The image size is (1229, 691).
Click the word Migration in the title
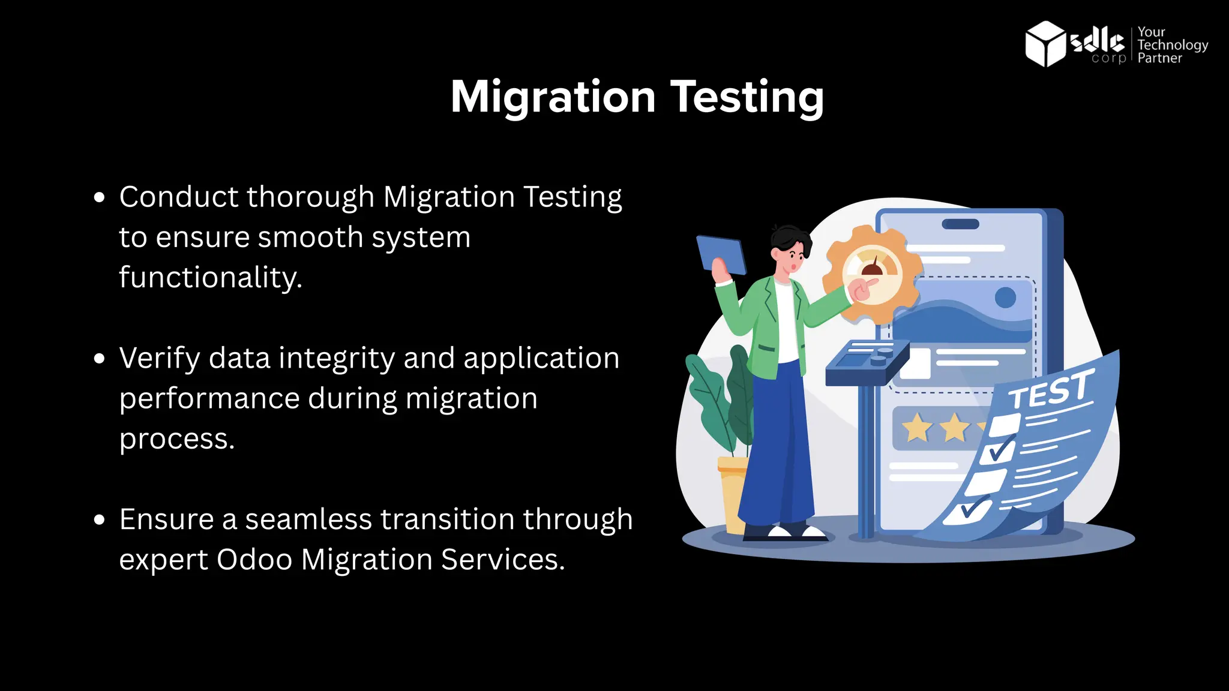[553, 97]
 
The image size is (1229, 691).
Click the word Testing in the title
[747, 97]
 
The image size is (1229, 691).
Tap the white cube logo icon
[1045, 44]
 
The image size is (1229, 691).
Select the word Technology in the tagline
[1173, 45]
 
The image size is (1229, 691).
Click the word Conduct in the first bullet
[179, 197]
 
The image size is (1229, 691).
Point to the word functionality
[210, 277]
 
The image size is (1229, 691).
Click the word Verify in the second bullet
[160, 358]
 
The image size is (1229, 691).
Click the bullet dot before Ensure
[100, 519]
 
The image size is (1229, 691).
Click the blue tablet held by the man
[721, 254]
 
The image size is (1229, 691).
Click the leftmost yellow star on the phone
[916, 428]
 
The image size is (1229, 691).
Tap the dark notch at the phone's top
[960, 224]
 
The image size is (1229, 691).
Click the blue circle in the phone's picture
[1005, 298]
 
